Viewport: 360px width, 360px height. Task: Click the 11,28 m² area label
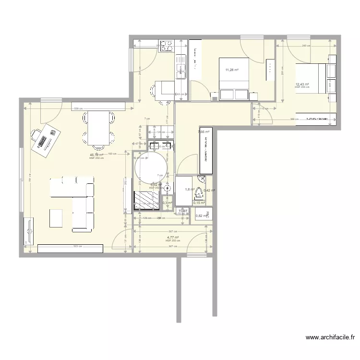click(x=232, y=70)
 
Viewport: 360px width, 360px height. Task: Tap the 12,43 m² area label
click(x=302, y=84)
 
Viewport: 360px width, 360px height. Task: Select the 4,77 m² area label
click(x=173, y=237)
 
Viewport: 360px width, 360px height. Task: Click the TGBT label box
click(x=182, y=211)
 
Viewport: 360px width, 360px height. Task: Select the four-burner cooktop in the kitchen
click(x=167, y=46)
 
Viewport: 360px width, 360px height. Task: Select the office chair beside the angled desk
click(x=35, y=134)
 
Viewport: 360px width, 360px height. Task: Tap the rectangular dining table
click(x=98, y=127)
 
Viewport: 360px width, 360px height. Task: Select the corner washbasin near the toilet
click(x=204, y=180)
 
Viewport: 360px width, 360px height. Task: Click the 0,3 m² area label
click(x=167, y=203)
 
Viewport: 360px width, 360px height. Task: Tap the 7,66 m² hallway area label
click(x=203, y=131)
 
